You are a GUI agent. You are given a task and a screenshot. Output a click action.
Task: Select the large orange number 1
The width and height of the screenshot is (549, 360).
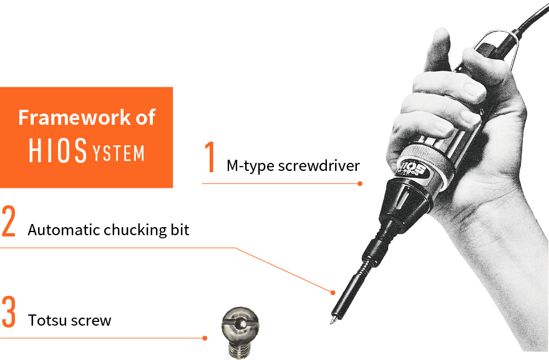point(211,157)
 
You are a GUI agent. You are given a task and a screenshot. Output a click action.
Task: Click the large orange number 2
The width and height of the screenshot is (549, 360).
point(8,221)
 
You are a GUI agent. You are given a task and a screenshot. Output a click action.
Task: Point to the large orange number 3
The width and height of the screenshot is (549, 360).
point(8,313)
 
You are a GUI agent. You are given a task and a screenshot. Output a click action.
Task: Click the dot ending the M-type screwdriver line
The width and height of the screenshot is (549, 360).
point(360,183)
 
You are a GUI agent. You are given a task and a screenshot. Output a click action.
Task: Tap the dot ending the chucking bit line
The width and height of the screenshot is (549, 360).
point(333,292)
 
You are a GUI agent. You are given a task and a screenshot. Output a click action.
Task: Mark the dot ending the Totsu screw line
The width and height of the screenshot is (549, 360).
point(205,338)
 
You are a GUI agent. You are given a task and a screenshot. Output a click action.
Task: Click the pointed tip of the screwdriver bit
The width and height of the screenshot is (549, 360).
point(331,322)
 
